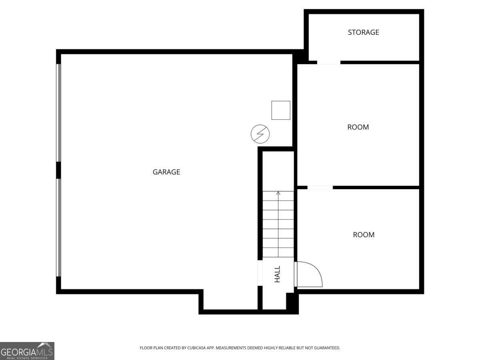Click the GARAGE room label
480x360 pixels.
[x=166, y=172]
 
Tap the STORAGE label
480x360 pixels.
[x=363, y=32]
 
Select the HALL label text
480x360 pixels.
[x=277, y=274]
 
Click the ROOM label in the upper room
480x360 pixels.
[x=358, y=127]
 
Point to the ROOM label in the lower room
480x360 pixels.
[x=364, y=235]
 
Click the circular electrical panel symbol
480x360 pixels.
[x=260, y=134]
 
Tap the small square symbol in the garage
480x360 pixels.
[x=281, y=110]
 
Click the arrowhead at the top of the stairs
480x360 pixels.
[x=278, y=194]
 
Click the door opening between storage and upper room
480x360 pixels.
[x=328, y=62]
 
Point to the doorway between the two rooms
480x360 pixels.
[x=320, y=187]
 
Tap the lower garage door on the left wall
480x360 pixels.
[x=59, y=227]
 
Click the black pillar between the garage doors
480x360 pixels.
[x=58, y=170]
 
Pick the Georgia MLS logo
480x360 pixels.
[x=27, y=351]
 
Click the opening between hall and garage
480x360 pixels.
[x=260, y=274]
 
